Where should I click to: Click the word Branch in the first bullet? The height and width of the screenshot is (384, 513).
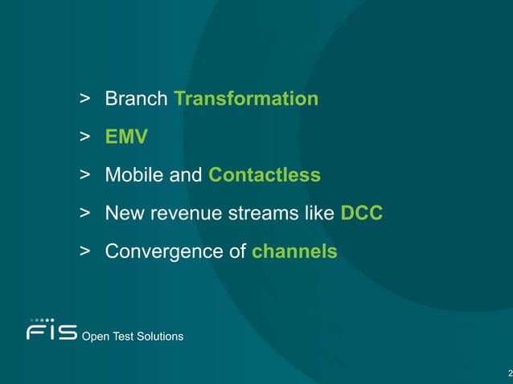pyautogui.click(x=136, y=99)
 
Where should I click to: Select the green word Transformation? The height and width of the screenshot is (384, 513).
pyautogui.click(x=246, y=99)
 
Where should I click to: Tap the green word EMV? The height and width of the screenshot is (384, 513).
pyautogui.click(x=126, y=137)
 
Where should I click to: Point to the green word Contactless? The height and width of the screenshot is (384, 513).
pyautogui.click(x=264, y=175)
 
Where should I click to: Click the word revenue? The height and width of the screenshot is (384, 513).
pyautogui.click(x=179, y=214)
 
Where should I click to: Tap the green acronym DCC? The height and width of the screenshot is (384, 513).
pyautogui.click(x=362, y=214)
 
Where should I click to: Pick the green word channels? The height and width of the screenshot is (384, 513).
pyautogui.click(x=294, y=251)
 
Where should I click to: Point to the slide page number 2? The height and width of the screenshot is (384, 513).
pyautogui.click(x=509, y=373)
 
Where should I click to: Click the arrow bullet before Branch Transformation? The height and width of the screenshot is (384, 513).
pyautogui.click(x=84, y=99)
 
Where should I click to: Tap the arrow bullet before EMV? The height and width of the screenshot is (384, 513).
pyautogui.click(x=84, y=137)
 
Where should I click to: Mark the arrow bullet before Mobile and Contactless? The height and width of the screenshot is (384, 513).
pyautogui.click(x=84, y=175)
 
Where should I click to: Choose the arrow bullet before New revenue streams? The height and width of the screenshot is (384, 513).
pyautogui.click(x=84, y=214)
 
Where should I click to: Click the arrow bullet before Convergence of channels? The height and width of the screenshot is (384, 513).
pyautogui.click(x=84, y=251)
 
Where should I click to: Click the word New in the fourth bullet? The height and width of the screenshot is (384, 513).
pyautogui.click(x=122, y=214)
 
